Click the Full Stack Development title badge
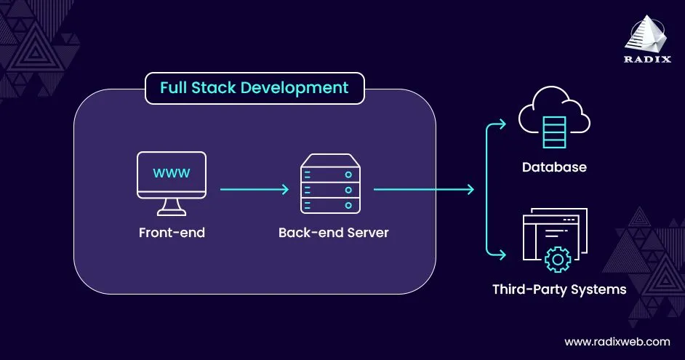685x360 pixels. (254, 89)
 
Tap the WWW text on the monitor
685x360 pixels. (171, 173)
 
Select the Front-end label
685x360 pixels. (172, 233)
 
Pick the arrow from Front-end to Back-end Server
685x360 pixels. (254, 190)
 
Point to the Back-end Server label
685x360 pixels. (333, 233)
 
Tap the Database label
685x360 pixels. (554, 167)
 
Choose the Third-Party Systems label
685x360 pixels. (558, 289)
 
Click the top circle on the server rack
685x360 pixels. (349, 175)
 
